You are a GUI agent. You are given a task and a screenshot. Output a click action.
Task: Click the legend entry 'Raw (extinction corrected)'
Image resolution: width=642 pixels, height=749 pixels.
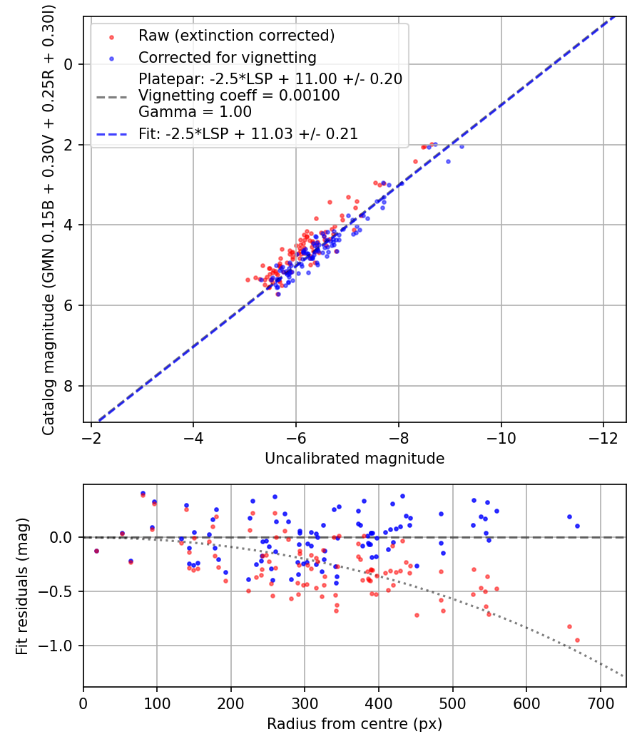(236, 36)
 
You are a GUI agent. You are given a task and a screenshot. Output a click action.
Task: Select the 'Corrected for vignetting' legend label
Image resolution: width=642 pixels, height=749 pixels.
(227, 57)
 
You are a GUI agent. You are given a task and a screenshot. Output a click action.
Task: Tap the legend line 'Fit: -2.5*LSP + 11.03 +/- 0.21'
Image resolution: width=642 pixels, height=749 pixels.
(248, 133)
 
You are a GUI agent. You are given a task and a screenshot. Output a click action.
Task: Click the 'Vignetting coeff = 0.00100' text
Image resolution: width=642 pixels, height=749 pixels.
(239, 95)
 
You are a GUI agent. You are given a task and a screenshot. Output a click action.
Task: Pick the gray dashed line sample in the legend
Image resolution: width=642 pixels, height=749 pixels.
(113, 96)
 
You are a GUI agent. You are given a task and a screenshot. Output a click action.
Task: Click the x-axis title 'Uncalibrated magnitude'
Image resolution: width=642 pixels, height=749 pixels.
(355, 459)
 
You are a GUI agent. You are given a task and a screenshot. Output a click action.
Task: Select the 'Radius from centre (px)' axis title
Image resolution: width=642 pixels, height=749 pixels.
(355, 724)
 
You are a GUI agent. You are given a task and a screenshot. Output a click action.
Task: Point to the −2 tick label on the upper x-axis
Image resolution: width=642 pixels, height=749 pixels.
(91, 436)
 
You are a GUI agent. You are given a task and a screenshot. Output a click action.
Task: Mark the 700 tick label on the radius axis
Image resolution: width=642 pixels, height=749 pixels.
(601, 702)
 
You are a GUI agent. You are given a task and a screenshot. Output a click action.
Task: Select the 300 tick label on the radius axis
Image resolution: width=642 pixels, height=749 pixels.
(305, 702)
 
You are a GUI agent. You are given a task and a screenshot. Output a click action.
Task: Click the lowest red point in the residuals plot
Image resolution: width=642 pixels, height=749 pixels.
(577, 640)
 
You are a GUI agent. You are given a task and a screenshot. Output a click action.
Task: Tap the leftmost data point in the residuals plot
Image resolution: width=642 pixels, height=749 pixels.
(96, 551)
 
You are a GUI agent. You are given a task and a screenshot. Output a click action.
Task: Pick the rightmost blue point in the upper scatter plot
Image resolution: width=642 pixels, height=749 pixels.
(462, 146)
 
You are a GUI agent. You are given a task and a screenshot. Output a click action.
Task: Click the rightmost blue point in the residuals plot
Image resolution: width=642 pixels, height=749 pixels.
(577, 526)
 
